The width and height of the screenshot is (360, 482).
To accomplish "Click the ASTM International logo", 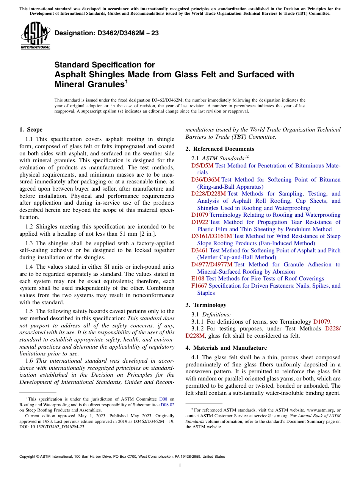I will [35, 36].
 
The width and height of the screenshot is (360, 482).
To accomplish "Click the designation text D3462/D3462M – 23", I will [106, 33].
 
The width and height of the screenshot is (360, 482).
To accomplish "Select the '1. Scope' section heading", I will [31, 130].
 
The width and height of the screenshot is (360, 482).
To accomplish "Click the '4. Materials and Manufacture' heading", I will [226, 347].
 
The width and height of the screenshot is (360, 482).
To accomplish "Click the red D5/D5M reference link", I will [202, 165].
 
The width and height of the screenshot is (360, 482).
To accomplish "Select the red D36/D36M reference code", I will [205, 180].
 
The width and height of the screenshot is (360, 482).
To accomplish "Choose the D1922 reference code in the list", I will [199, 222].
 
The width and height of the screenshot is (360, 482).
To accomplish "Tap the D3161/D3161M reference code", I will [211, 236].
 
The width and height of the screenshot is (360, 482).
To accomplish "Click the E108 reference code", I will [198, 279].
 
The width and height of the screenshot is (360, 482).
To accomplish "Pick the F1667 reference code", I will [199, 286].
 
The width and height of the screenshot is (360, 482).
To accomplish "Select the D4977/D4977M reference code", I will [211, 264].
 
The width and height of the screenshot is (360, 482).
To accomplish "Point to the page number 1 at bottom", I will [180, 465].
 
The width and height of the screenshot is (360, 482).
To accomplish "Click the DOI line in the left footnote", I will [53, 426].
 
